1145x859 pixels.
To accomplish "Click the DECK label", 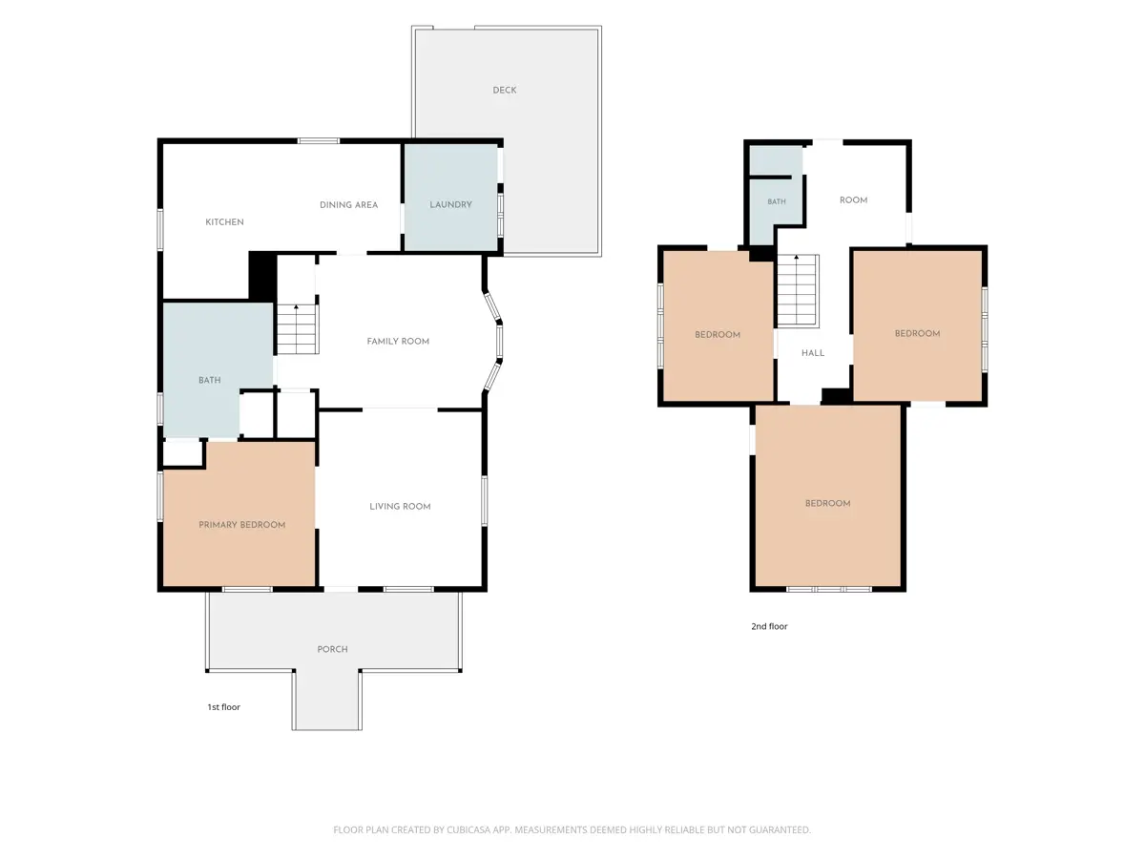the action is click(505, 91).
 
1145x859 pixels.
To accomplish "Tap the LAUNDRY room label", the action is click(450, 205).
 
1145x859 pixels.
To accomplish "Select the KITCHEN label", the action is click(224, 222).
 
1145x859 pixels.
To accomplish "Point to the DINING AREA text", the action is click(348, 205).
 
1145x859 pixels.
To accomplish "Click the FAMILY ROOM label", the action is click(398, 342).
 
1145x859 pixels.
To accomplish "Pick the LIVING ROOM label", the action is click(400, 507).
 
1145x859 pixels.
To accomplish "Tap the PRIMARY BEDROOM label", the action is click(242, 525).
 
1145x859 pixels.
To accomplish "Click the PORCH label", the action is click(332, 649).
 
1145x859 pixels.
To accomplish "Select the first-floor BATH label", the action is click(210, 380).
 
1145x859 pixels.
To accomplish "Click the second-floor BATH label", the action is click(776, 201).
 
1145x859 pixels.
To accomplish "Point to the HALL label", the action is click(813, 353).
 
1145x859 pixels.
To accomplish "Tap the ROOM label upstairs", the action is click(853, 200).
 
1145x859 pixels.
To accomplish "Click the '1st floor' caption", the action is click(224, 707).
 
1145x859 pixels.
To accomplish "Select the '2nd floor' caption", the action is click(769, 626).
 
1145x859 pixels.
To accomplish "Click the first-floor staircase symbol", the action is click(298, 329).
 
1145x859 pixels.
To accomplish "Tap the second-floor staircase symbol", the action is click(798, 290).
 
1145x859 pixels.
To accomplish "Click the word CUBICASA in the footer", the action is click(468, 829).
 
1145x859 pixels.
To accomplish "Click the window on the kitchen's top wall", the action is click(318, 141).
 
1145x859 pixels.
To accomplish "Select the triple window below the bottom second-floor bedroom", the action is click(829, 589).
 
